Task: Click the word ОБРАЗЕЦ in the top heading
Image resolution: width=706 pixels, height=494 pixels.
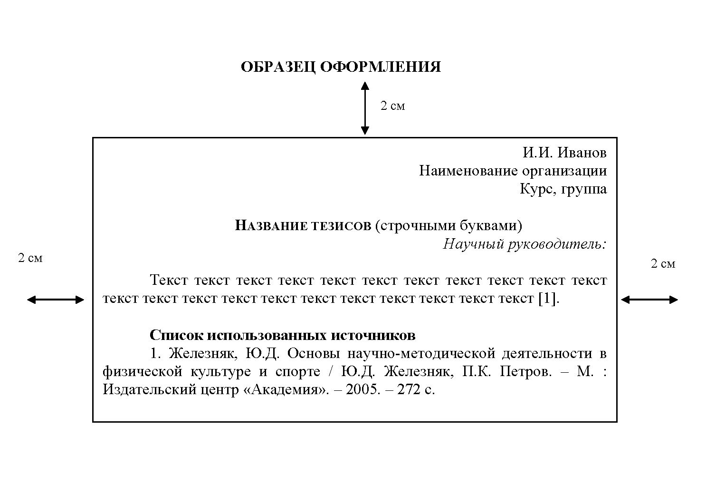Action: (277, 67)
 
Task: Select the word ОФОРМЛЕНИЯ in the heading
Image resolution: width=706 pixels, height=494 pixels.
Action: (380, 67)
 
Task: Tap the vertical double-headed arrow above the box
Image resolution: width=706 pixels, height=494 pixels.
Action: (364, 108)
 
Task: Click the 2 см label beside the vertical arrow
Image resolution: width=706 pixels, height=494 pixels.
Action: (392, 106)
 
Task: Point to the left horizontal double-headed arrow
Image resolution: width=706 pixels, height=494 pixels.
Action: (56, 300)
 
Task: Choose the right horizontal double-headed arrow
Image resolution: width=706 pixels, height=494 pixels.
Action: (649, 300)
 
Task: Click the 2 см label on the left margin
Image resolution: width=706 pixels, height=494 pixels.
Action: (30, 258)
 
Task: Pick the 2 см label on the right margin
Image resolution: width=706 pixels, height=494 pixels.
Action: (663, 264)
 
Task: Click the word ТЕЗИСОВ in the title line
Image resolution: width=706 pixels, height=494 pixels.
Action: (341, 226)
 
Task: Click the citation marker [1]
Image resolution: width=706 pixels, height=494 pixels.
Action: (548, 299)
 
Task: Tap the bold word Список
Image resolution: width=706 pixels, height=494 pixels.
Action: (176, 336)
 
